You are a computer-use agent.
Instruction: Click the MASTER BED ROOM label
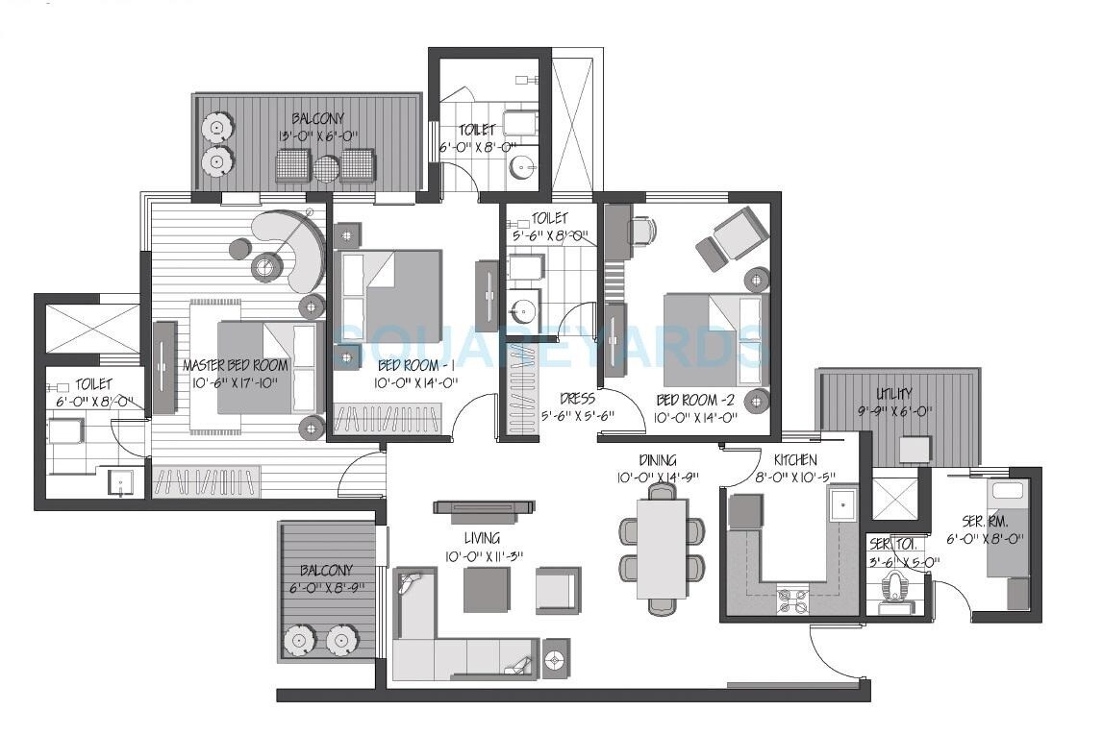pos(236,366)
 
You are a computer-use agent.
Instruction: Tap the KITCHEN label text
pos(795,460)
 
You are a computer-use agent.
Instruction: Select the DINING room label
pos(657,460)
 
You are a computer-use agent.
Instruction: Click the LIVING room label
pos(481,539)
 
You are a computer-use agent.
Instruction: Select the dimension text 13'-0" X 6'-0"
pos(313,135)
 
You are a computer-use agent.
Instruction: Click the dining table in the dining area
pos(662,549)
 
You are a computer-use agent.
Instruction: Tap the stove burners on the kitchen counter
pos(790,600)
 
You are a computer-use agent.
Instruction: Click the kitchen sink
pos(842,504)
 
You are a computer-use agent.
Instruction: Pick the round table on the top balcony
pos(327,168)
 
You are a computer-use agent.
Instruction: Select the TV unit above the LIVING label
pos(483,507)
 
